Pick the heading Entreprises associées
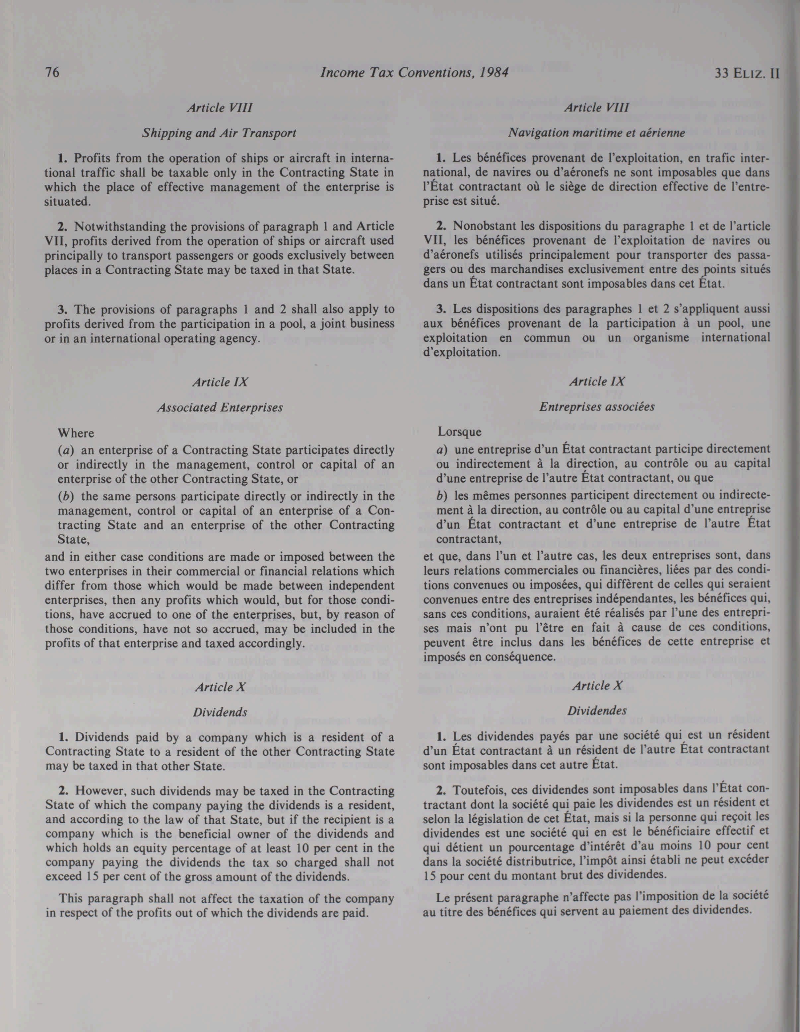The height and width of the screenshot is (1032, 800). pos(597,407)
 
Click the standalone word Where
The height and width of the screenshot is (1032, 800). pos(76,433)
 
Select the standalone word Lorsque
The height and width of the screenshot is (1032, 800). pos(460,432)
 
